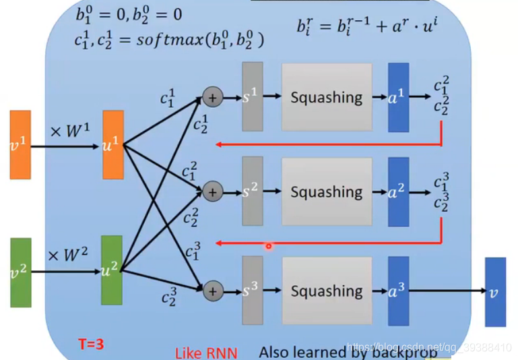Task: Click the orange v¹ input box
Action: pyautogui.click(x=20, y=145)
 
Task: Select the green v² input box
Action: pyautogui.click(x=21, y=272)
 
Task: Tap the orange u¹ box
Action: pyautogui.click(x=112, y=145)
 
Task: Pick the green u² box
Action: pyautogui.click(x=111, y=270)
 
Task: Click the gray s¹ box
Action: pyautogui.click(x=253, y=97)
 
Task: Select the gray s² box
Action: pyautogui.click(x=253, y=191)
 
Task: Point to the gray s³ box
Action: pyautogui.click(x=253, y=291)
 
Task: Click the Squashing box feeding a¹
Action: pyautogui.click(x=327, y=97)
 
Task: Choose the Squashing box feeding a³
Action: pyautogui.click(x=327, y=291)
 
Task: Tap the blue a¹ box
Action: pyautogui.click(x=398, y=97)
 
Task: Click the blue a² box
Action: pyautogui.click(x=398, y=191)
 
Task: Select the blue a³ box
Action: pyautogui.click(x=398, y=291)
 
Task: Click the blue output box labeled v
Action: pyautogui.click(x=495, y=291)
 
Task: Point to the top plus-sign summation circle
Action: pyautogui.click(x=212, y=98)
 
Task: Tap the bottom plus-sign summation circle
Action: pyautogui.click(x=212, y=291)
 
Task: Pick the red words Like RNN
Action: pyautogui.click(x=206, y=353)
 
